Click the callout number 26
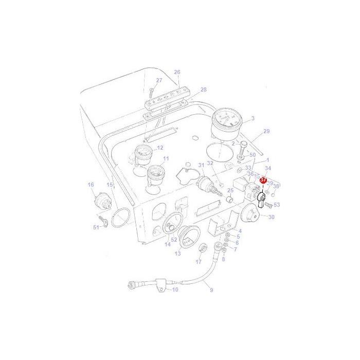pos(177,72)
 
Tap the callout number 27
pos(159,80)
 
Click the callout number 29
pos(266,132)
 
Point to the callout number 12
pos(160,148)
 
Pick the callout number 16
pos(91,185)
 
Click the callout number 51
pos(96,227)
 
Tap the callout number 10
pos(175,290)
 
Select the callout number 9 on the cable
pos(211,290)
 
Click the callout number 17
pos(199,262)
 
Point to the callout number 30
pos(272,217)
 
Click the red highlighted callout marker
pos(263,180)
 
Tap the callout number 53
pos(277,205)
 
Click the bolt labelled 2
pos(242,153)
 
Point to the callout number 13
pos(178,254)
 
